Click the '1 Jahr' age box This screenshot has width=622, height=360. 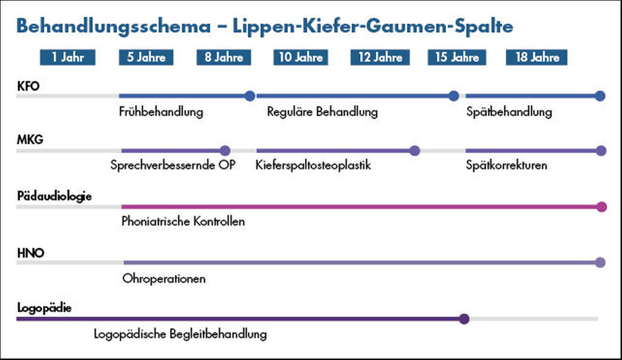tap(67, 57)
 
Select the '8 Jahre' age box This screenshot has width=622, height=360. tap(224, 57)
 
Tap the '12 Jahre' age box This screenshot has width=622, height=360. tap(380, 57)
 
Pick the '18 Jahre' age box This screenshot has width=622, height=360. tap(537, 57)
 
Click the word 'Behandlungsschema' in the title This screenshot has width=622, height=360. tap(114, 27)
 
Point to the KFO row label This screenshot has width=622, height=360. tap(28, 86)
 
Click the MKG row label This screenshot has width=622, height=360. tap(30, 140)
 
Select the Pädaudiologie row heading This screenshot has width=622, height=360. tap(54, 196)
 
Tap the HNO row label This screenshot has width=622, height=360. tap(30, 253)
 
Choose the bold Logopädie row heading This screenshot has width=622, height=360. tap(44, 308)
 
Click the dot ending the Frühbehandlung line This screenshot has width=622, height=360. tap(250, 96)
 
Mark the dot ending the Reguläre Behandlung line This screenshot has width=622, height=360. tap(454, 96)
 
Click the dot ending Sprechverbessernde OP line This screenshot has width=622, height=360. tap(225, 151)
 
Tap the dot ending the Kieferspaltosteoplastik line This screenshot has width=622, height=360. tap(414, 151)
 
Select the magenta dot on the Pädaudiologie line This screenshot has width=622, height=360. tap(602, 206)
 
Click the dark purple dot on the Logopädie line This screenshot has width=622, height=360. tap(464, 319)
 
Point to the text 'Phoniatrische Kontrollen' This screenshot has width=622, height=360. tap(183, 221)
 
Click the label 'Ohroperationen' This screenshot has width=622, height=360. tap(164, 279)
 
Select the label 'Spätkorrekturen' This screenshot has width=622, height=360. tap(507, 165)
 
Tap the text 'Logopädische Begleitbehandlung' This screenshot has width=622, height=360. tap(180, 335)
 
